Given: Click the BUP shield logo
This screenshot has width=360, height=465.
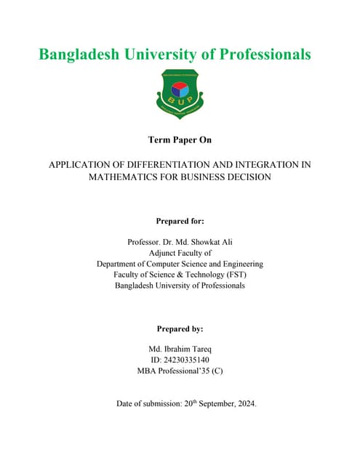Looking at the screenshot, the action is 180,94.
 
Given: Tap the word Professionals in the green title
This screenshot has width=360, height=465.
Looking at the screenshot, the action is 260,54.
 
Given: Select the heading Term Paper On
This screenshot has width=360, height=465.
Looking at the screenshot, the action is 180,139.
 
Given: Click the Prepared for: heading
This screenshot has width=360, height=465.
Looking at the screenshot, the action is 180,221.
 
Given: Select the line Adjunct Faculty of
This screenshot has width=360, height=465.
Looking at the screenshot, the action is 180,253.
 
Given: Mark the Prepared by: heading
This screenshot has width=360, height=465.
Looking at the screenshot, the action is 180,328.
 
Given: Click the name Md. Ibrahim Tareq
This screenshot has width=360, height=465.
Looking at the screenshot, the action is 180,349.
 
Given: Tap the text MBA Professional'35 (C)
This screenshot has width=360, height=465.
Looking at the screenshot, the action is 180,371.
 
